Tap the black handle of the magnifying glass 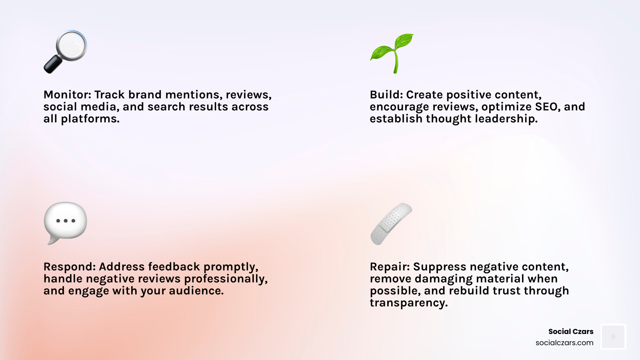pos(52,65)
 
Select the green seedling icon pos(392,53)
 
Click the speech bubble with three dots pos(65,222)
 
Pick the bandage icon pos(391,224)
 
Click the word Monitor pos(67,95)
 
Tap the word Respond pos(69,267)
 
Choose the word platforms pos(90,119)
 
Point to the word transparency pos(408,303)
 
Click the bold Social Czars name pos(570,332)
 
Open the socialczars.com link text pos(564,343)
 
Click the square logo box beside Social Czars pos(613,337)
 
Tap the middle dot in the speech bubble pos(66,221)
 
